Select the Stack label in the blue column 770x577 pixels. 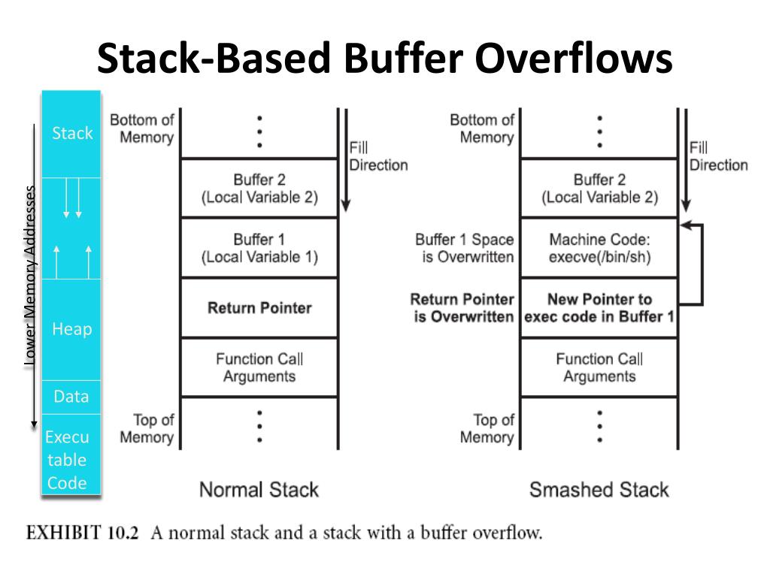pos(72,134)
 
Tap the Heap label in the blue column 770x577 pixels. pos(71,329)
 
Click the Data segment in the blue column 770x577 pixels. pos(71,397)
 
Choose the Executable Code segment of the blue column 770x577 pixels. pos(68,460)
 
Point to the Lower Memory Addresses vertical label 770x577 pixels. pos(30,275)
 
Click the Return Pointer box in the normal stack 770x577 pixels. pos(259,307)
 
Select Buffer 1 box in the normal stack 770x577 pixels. pos(259,248)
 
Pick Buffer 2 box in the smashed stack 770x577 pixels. pos(599,188)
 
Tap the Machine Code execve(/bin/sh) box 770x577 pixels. pos(599,248)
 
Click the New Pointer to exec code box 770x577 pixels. pos(599,308)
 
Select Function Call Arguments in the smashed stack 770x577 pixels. pos(599,367)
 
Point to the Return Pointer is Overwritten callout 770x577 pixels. pos(462,308)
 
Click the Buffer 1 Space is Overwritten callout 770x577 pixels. pos(464,248)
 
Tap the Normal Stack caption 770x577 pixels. pos(259,490)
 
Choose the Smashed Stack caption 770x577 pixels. pos(599,490)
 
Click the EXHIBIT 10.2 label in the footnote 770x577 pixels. pos(84,533)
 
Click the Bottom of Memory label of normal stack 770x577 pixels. pos(142,128)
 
